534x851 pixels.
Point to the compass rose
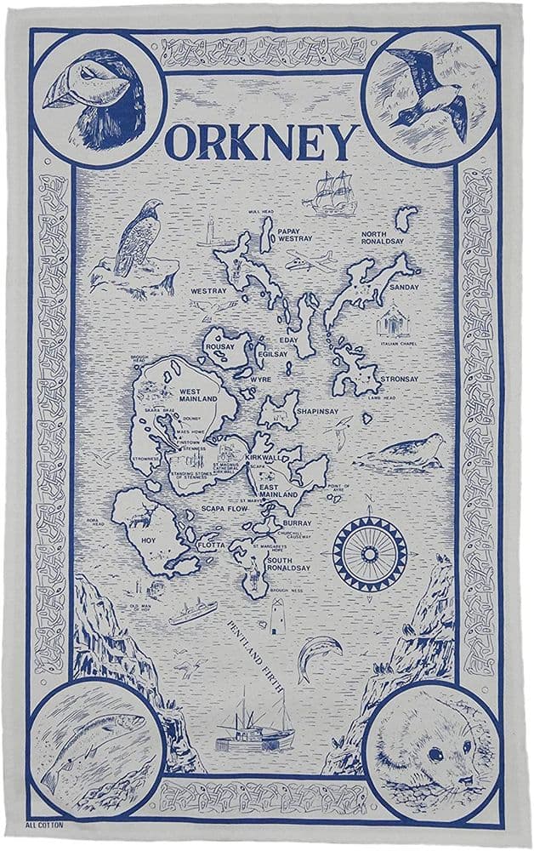[369, 552]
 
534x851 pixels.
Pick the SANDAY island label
[398, 287]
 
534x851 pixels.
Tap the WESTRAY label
[209, 290]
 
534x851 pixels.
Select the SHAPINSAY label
[317, 412]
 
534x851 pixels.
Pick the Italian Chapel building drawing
[394, 322]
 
